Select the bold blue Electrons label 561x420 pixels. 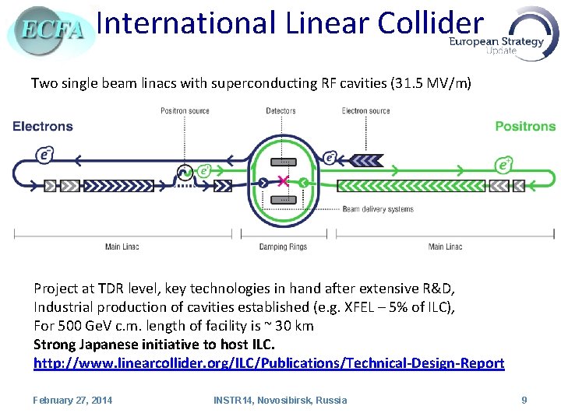click(x=43, y=126)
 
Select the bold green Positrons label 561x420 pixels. click(x=525, y=126)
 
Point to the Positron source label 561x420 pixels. click(x=185, y=111)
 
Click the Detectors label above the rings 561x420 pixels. click(x=280, y=111)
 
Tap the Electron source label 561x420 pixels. click(x=365, y=111)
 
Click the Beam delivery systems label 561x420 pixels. click(x=379, y=209)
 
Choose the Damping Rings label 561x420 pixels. click(x=283, y=247)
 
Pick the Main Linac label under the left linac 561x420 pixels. click(x=122, y=247)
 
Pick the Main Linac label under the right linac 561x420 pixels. click(x=445, y=247)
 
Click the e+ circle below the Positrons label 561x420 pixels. click(x=505, y=165)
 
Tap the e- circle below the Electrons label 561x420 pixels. click(x=44, y=154)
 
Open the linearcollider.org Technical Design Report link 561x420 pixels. click(x=269, y=363)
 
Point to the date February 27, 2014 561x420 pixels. click(x=72, y=400)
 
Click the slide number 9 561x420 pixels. click(x=524, y=400)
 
